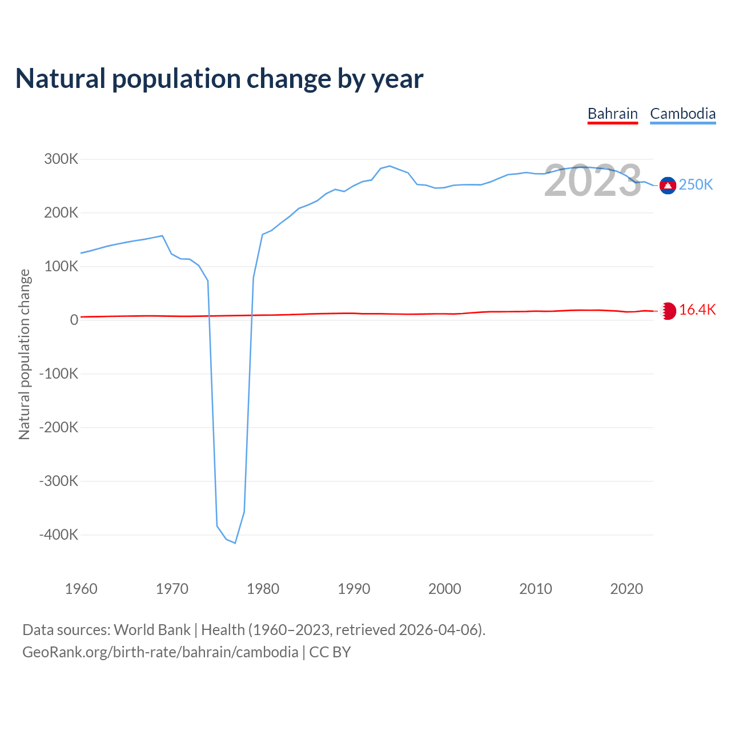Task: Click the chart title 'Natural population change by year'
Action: tap(219, 79)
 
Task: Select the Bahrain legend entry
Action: tap(612, 114)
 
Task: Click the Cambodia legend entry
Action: tap(682, 114)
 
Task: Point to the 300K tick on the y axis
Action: tap(61, 159)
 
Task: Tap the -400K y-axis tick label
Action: tap(59, 535)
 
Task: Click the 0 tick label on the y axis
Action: tap(74, 320)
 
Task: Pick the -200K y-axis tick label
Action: tap(59, 428)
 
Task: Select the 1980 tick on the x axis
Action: tap(263, 589)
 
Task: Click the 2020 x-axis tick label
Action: tap(626, 589)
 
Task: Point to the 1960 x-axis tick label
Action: tap(81, 589)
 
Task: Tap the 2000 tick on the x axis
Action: tap(444, 589)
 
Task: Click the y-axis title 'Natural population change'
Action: tap(25, 355)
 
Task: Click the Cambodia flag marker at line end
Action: tap(668, 185)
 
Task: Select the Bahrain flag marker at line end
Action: tap(668, 311)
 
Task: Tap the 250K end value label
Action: tap(696, 185)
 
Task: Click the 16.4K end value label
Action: tap(697, 310)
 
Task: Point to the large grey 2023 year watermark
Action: tap(592, 181)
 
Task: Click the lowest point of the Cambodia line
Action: tap(235, 543)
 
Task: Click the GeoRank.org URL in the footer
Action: tap(160, 652)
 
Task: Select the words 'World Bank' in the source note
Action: tap(152, 630)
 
